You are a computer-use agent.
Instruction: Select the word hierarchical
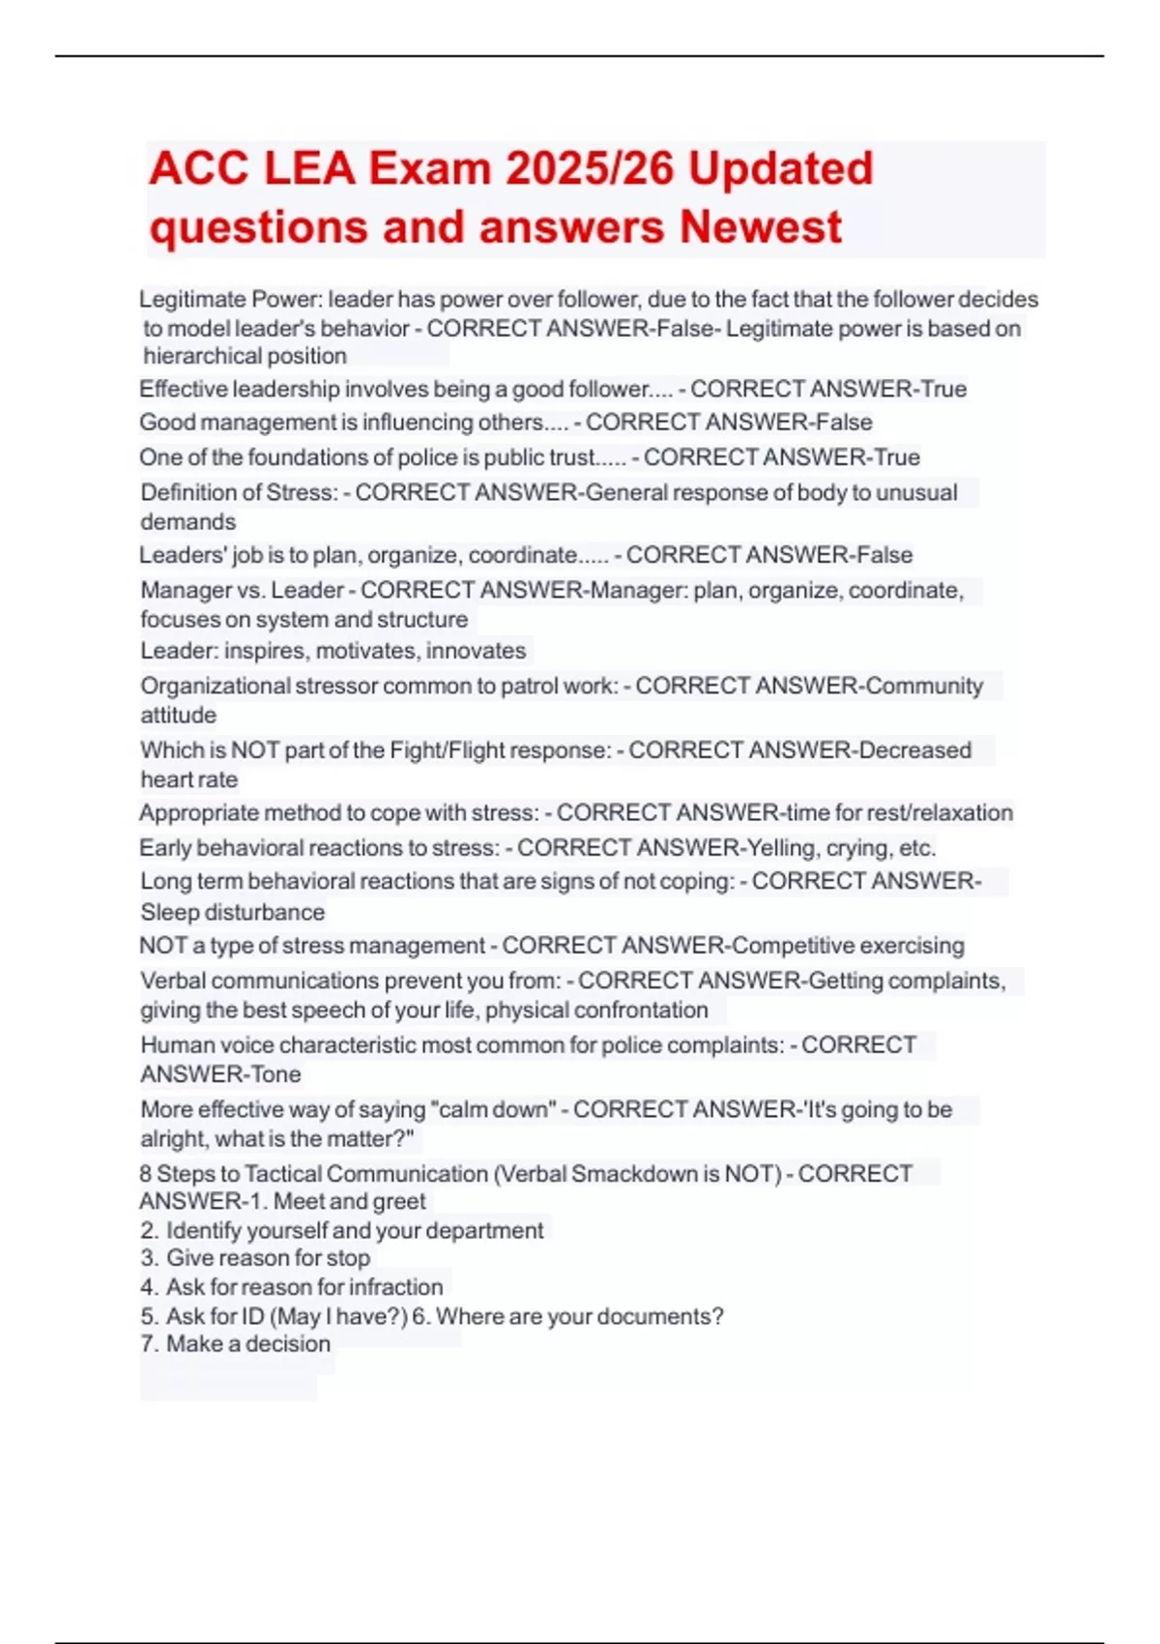(196, 356)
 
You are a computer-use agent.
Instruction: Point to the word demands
(188, 522)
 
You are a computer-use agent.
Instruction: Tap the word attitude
(179, 716)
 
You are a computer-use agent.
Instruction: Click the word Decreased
(914, 750)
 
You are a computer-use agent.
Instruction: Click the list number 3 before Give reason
(147, 1258)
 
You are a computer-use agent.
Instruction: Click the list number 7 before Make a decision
(147, 1344)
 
